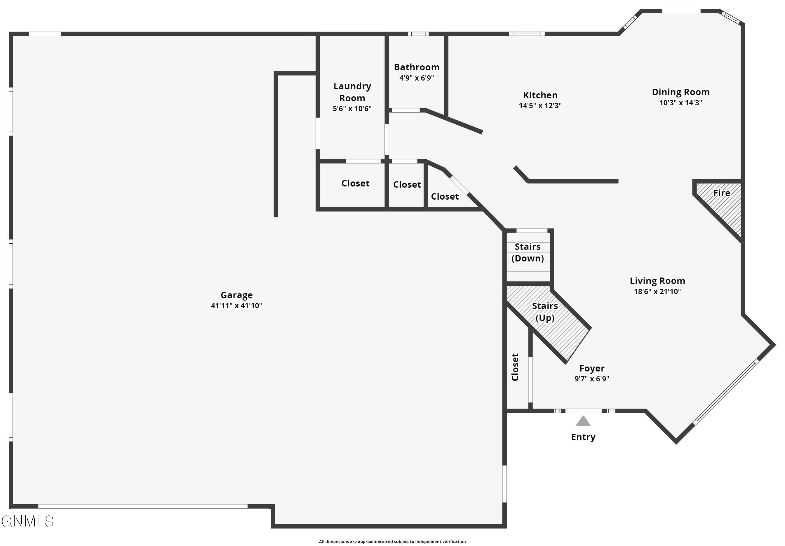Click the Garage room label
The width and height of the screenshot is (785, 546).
coord(236,295)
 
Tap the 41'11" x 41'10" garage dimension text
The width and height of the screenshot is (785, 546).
coord(236,306)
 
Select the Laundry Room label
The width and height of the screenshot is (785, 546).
coord(352,92)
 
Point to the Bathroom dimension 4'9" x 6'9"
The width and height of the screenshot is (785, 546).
coord(416,78)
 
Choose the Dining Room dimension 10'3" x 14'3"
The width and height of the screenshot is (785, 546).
coord(680,102)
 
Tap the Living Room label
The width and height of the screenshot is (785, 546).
coord(657,281)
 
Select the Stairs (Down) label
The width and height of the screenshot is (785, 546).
coord(528,252)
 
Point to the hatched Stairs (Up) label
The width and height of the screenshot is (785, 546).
coord(545,312)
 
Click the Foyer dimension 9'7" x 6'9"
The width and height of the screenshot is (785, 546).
coord(591,378)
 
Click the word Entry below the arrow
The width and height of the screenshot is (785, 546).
coord(583,437)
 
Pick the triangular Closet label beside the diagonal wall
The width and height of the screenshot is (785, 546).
coord(445,196)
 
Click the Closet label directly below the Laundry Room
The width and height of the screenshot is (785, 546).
coord(355,184)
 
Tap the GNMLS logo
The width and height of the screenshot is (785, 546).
coord(27,521)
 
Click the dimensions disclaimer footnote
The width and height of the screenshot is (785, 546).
coord(392,541)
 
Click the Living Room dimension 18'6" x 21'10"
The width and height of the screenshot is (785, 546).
coord(657,292)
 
